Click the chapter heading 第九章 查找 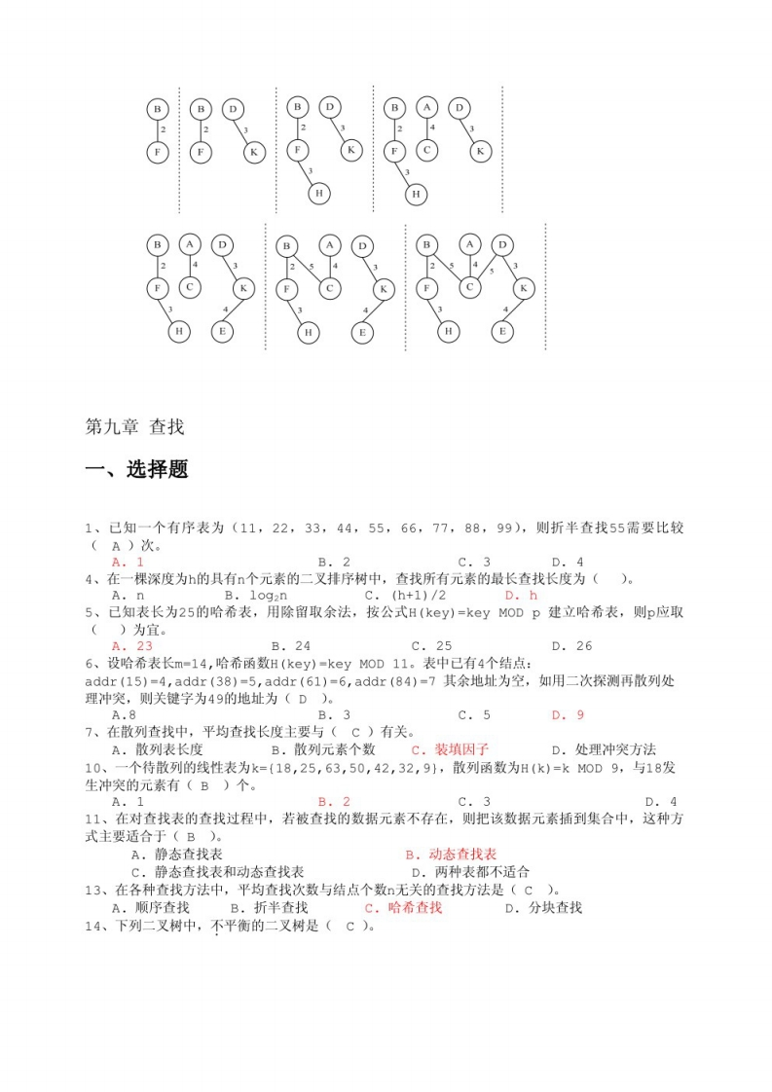tap(135, 427)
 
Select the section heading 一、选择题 tap(137, 469)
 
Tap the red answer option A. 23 tap(132, 645)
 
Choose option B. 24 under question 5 tap(291, 645)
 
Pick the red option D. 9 tap(568, 715)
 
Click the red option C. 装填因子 tap(450, 749)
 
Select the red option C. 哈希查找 tap(403, 907)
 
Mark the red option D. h tap(521, 594)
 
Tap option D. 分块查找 tap(543, 907)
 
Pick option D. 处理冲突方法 tap(604, 749)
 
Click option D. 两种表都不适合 tap(470, 871)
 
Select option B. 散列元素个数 tap(323, 749)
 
